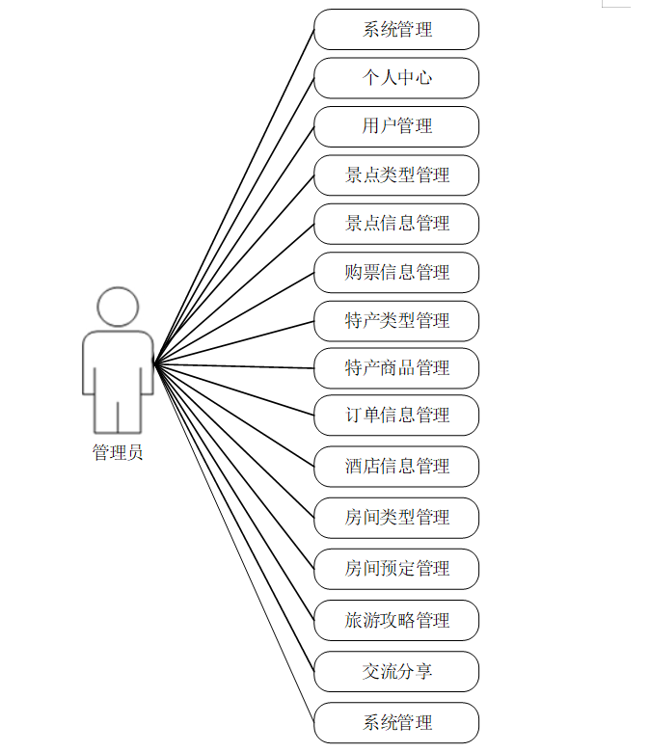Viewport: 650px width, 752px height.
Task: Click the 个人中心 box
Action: pyautogui.click(x=396, y=78)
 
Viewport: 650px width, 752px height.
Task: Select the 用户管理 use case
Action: pyautogui.click(x=396, y=126)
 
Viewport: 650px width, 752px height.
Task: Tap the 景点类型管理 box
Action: pyautogui.click(x=396, y=175)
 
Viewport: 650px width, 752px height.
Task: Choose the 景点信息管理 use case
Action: pyautogui.click(x=396, y=224)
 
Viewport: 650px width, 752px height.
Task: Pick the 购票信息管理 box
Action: pyautogui.click(x=396, y=273)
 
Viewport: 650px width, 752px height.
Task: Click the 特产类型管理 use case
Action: pyautogui.click(x=396, y=321)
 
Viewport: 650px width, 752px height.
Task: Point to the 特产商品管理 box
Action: pyautogui.click(x=396, y=368)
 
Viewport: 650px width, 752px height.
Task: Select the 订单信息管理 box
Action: pyautogui.click(x=396, y=416)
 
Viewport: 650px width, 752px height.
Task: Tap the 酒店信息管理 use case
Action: pyautogui.click(x=396, y=467)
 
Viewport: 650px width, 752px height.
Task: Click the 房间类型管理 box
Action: pyautogui.click(x=396, y=518)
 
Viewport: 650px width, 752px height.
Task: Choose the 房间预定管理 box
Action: pyautogui.click(x=396, y=569)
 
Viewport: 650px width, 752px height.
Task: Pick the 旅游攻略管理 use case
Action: pyautogui.click(x=396, y=620)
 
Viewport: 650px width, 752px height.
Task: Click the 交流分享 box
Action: pyautogui.click(x=396, y=671)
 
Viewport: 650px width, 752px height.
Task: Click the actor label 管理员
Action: pyautogui.click(x=118, y=452)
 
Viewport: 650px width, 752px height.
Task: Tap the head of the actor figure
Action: pyautogui.click(x=118, y=307)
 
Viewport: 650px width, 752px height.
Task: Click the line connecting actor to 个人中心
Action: pyautogui.click(x=234, y=220)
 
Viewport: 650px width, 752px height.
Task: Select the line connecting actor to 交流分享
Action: pyautogui.click(x=234, y=518)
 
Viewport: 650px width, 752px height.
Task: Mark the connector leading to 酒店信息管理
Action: pyautogui.click(x=234, y=416)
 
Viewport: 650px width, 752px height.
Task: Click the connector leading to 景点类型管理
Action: pyautogui.click(x=234, y=269)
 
